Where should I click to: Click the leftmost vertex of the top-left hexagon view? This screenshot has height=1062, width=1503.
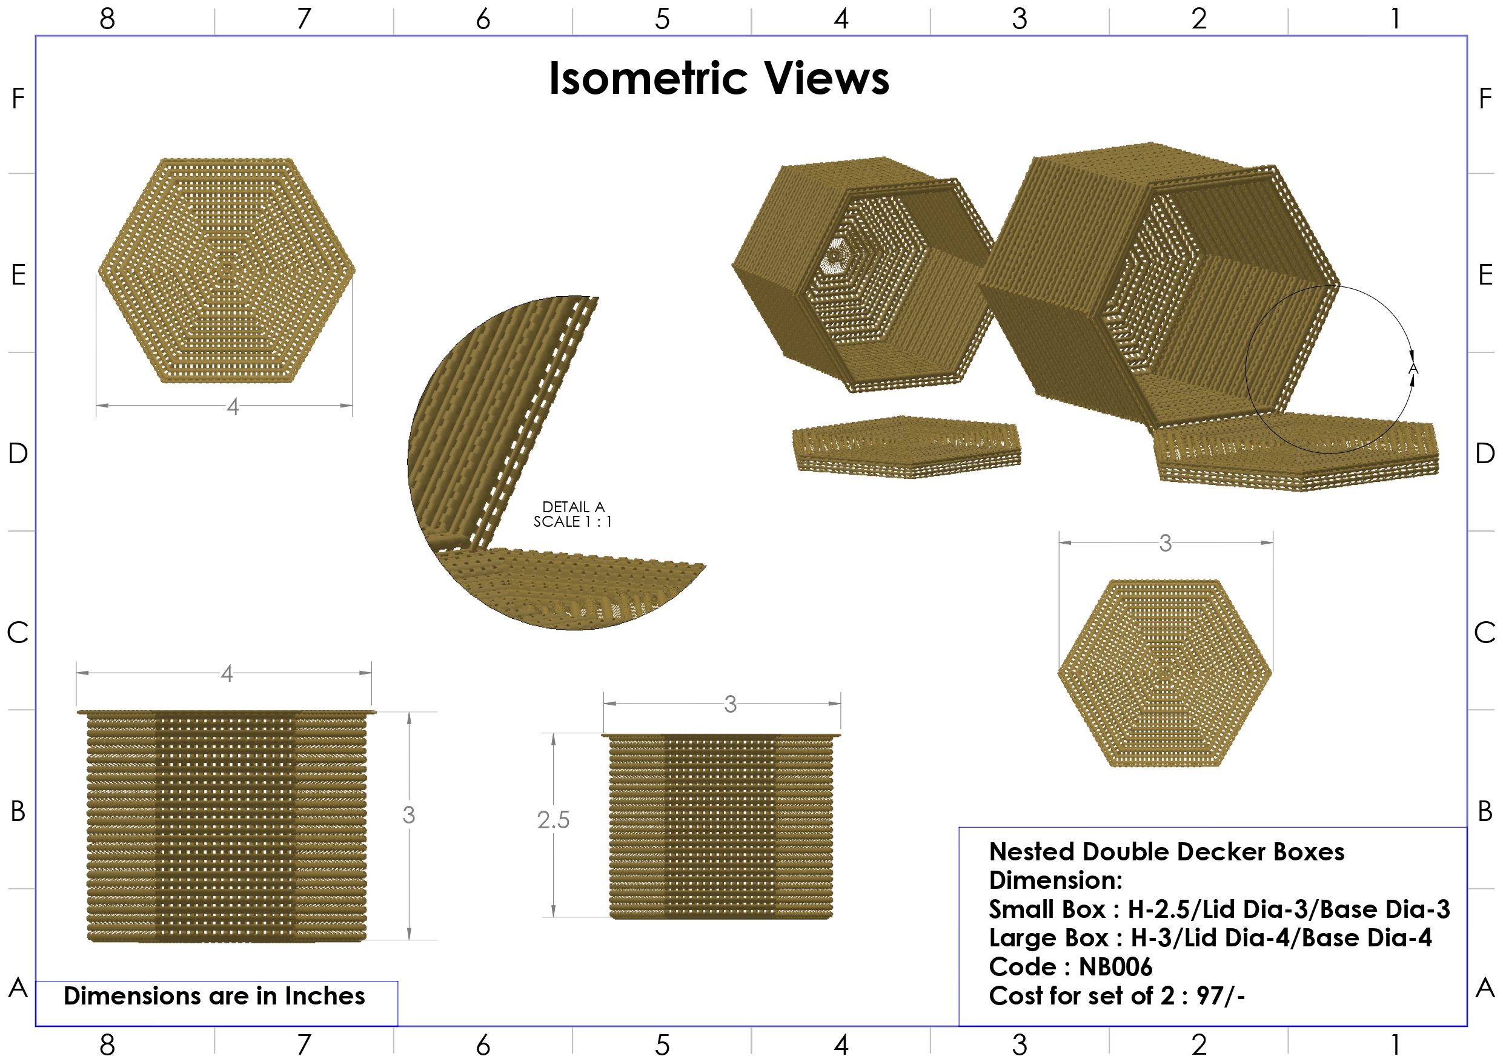point(98,270)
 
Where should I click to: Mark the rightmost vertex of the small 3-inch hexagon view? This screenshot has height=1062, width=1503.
point(1273,672)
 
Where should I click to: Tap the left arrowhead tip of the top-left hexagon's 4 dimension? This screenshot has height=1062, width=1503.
point(96,406)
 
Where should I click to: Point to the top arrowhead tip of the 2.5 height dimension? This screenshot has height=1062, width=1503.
point(554,733)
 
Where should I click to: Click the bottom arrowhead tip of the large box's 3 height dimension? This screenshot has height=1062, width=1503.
point(409,940)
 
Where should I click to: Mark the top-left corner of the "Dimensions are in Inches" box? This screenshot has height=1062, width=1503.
point(36,981)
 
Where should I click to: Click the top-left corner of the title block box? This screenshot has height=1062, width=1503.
point(959,828)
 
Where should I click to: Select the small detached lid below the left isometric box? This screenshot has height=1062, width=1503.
point(907,447)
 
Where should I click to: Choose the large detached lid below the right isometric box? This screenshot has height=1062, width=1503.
point(1296,452)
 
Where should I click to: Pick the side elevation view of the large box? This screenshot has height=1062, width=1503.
point(227,826)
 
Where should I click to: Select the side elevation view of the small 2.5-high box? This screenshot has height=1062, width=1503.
point(722,826)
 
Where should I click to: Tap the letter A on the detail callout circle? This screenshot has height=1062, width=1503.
point(1413,370)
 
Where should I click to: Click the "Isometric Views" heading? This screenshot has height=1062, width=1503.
point(718,79)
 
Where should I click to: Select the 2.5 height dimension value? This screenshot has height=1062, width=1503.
point(553,820)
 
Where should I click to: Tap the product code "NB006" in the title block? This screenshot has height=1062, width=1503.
point(1115,966)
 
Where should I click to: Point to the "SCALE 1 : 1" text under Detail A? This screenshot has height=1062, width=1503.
point(573,521)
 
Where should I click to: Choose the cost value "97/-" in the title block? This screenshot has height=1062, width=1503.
point(1221,995)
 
